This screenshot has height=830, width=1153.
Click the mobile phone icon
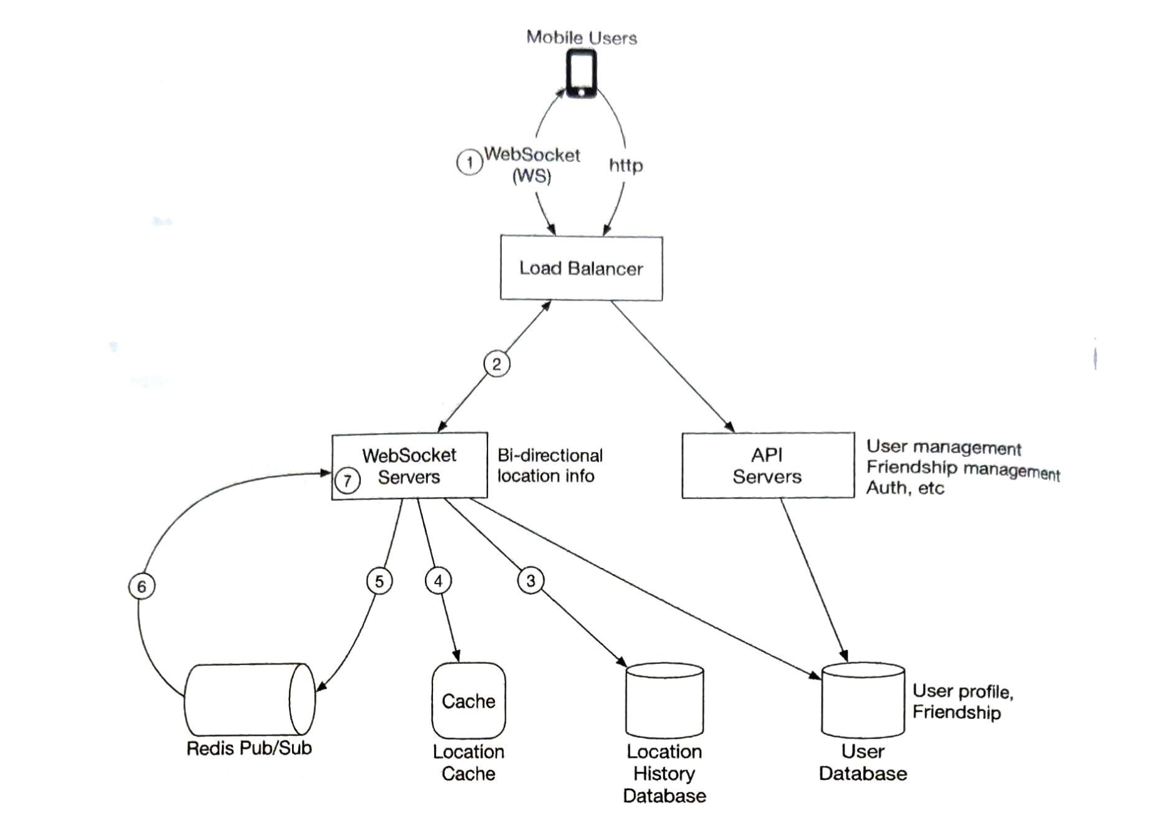click(x=581, y=74)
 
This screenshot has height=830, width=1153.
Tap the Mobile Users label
click(x=581, y=38)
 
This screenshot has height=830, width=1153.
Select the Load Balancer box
click(x=581, y=268)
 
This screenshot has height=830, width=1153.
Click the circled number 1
click(x=469, y=163)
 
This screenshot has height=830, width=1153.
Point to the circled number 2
click(x=496, y=364)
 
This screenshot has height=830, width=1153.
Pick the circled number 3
click(x=530, y=581)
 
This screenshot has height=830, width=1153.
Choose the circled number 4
click(x=438, y=581)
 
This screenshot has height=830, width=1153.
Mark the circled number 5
click(x=379, y=582)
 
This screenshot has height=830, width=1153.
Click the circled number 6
click(x=142, y=587)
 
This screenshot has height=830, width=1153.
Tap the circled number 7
click(x=347, y=481)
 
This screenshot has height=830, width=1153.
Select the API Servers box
click(x=767, y=466)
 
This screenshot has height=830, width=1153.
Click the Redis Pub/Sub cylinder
click(x=249, y=699)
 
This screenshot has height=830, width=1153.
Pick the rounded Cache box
click(x=468, y=701)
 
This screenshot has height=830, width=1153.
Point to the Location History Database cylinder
click(x=664, y=701)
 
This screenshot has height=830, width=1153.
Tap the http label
click(x=625, y=165)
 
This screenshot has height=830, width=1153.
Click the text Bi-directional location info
click(x=549, y=465)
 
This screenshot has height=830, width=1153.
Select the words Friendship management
click(x=962, y=468)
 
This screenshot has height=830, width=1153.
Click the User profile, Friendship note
click(x=962, y=701)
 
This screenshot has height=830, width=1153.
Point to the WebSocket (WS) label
click(x=532, y=165)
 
